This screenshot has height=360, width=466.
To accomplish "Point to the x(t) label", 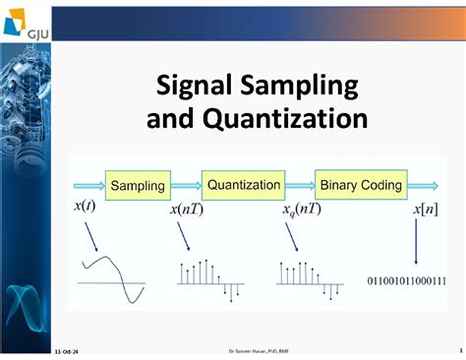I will [x=85, y=208].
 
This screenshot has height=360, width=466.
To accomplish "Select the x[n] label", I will [x=425, y=209].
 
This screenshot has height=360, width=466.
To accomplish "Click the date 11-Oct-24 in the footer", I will [x=67, y=351].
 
